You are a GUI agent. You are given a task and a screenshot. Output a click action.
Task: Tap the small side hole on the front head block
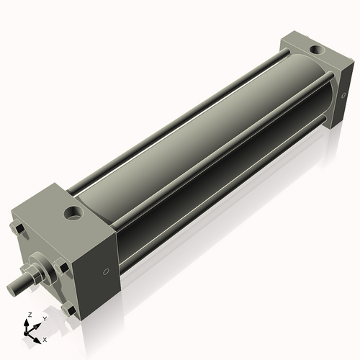[x=107, y=271]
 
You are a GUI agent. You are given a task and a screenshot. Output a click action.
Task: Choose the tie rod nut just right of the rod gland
[x=64, y=267]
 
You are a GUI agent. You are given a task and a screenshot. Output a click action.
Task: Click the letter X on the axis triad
[x=45, y=338]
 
